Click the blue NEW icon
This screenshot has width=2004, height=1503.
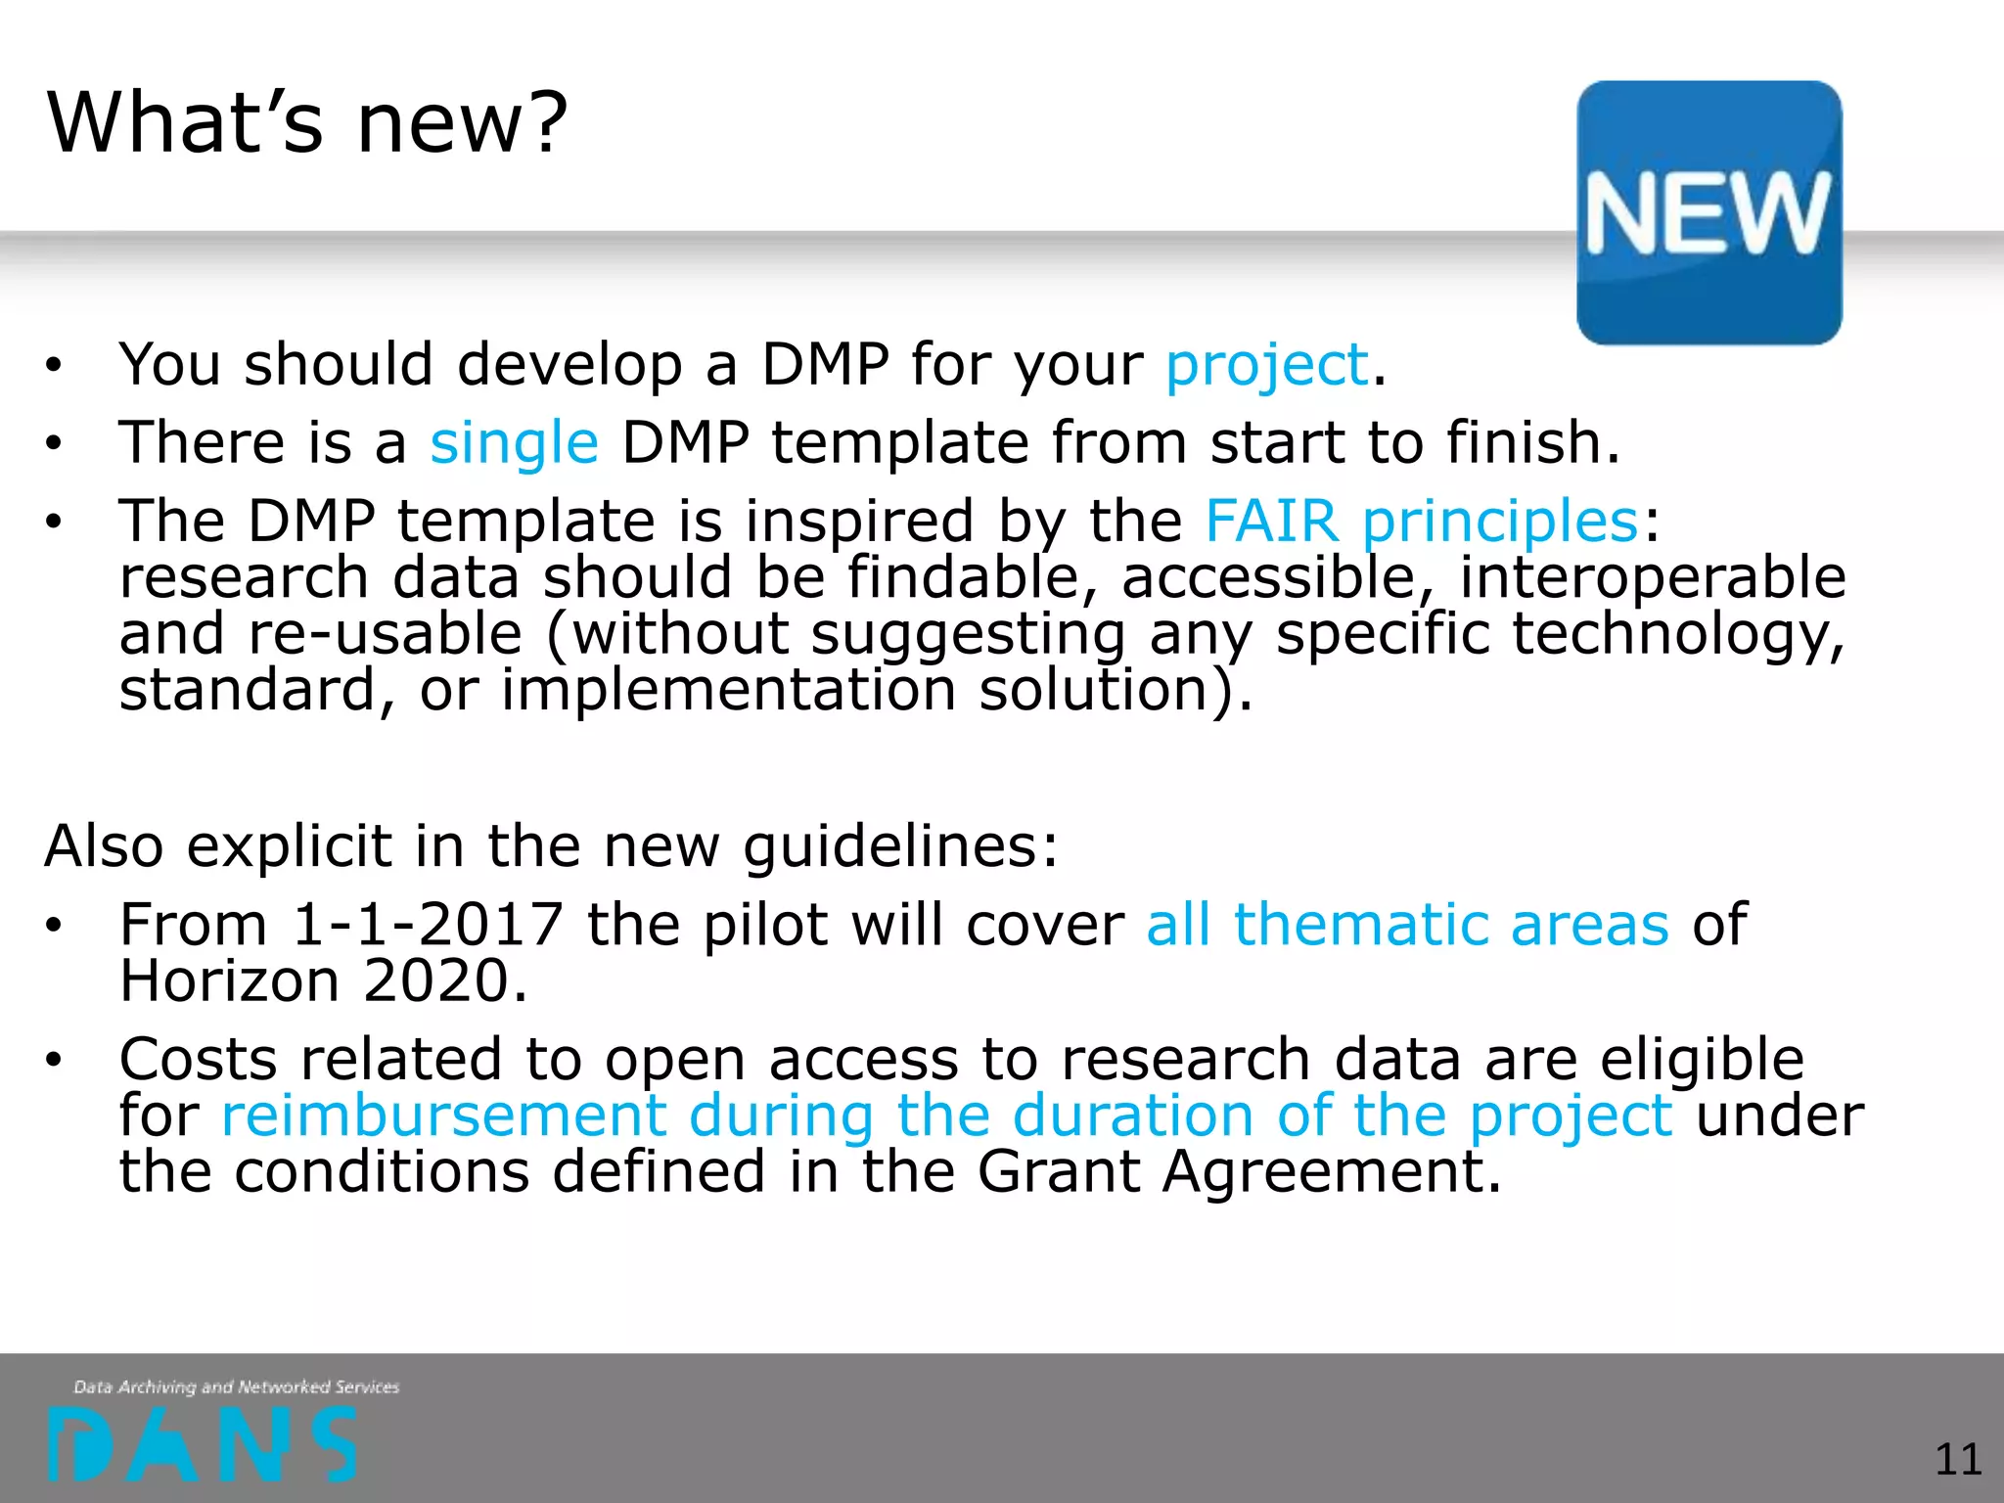[x=1708, y=212]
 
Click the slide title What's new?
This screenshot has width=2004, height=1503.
[x=307, y=123]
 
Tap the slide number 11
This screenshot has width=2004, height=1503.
[x=1958, y=1459]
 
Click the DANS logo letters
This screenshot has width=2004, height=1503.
[x=203, y=1444]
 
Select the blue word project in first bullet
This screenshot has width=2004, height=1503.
[x=1266, y=366]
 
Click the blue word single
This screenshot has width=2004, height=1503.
[x=514, y=442]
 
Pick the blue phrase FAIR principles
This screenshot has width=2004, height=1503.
[x=1421, y=520]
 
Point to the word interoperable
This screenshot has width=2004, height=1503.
[x=1652, y=576]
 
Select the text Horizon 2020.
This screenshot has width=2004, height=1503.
[x=323, y=980]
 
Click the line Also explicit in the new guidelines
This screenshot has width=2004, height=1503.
[x=551, y=845]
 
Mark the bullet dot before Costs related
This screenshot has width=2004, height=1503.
[x=53, y=1060]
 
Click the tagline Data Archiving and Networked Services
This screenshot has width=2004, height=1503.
[x=237, y=1387]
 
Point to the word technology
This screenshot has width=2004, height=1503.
[x=1677, y=633]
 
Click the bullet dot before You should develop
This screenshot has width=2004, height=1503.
[x=53, y=366]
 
